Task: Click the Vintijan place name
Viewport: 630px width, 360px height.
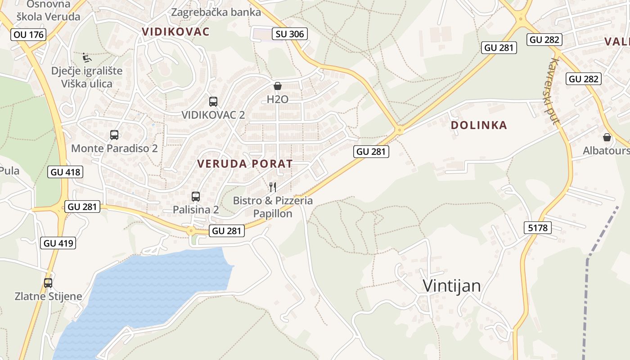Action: [452, 286]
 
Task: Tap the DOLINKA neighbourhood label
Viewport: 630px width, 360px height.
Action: [479, 125]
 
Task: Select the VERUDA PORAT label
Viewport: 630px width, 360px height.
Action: [245, 164]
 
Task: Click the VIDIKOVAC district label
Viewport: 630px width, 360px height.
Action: [175, 31]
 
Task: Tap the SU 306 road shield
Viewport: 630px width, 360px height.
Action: [289, 34]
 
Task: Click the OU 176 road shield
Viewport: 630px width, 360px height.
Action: [29, 34]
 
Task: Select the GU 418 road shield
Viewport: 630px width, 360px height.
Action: [65, 171]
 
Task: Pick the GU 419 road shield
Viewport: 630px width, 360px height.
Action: [58, 243]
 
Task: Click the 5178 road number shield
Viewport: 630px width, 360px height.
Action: [538, 228]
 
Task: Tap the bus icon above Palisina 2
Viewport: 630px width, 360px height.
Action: [196, 197]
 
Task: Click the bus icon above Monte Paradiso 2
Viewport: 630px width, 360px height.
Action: [114, 135]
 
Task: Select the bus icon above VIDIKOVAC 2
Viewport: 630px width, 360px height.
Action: [213, 102]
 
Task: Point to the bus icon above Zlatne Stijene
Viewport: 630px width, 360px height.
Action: [48, 283]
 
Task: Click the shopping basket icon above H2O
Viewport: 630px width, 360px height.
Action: [278, 86]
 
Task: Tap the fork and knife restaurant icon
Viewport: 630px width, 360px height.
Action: [272, 187]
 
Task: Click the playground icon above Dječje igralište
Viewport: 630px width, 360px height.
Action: [86, 57]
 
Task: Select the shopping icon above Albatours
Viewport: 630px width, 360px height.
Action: [607, 137]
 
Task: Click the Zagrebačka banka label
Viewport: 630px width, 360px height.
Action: [216, 12]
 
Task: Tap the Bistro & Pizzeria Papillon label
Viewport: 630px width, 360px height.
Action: [273, 207]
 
